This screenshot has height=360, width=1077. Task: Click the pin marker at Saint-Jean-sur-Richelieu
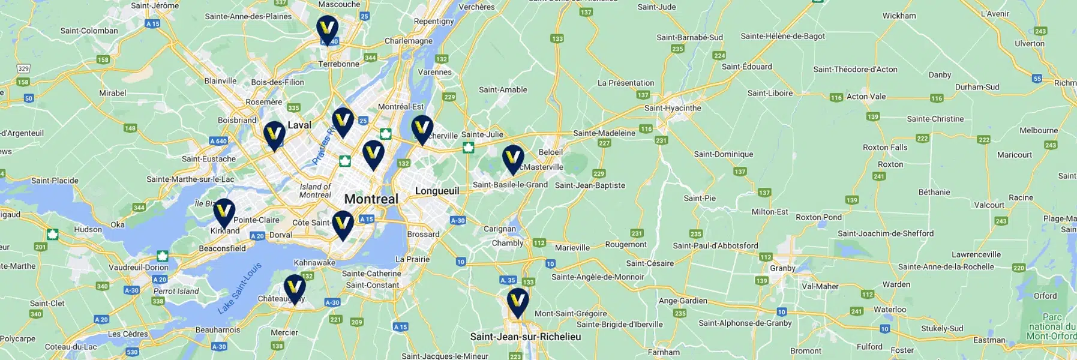518,301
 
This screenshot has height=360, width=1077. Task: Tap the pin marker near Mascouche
327,28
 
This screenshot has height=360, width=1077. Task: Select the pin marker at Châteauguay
294,288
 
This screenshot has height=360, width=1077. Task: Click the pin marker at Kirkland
224,212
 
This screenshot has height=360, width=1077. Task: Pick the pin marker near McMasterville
513,158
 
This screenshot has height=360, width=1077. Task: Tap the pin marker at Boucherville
422,128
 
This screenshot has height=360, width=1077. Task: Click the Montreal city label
371,199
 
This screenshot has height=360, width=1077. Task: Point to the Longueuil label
437,191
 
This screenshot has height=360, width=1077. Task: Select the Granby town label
782,268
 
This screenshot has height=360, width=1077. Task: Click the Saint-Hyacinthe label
672,109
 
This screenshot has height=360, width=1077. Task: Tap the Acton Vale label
866,97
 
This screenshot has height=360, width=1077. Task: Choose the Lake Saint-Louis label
239,289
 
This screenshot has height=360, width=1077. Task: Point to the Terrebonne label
338,64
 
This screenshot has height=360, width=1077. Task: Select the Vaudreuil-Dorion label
138,268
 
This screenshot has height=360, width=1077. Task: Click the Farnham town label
664,352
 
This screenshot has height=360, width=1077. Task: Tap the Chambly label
508,243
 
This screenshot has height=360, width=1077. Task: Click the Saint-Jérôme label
155,5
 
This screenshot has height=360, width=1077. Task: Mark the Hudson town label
88,229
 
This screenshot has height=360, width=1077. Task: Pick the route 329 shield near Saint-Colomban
23,69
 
